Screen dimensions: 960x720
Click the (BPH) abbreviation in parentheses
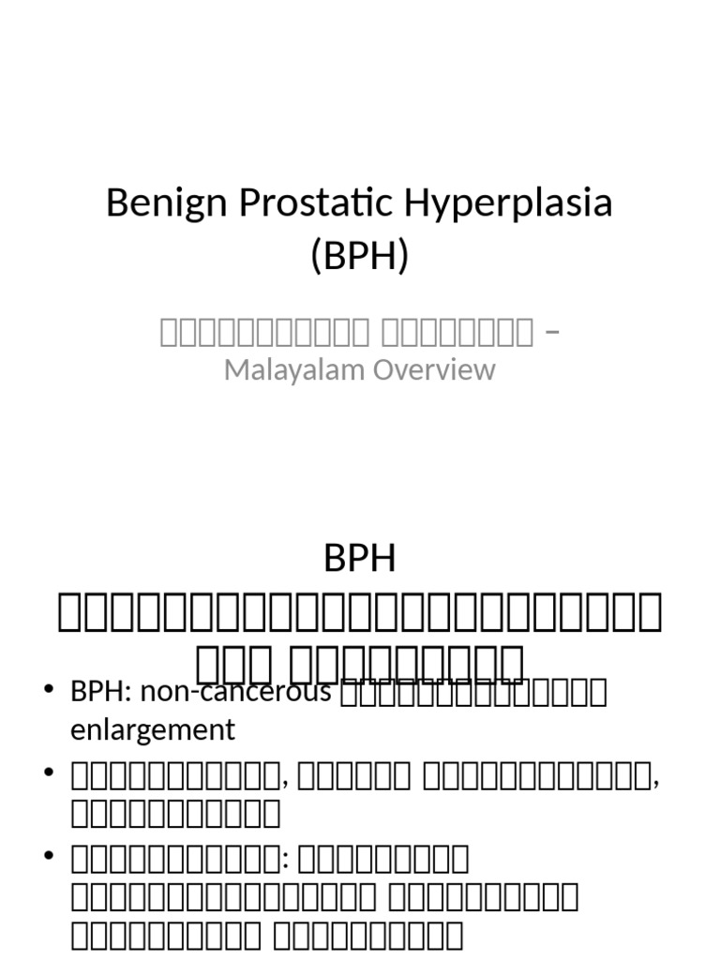tap(360, 254)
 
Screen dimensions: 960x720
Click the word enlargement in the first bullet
tap(152, 729)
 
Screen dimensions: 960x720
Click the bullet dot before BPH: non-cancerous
tap(50, 692)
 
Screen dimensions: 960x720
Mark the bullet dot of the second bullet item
tap(50, 774)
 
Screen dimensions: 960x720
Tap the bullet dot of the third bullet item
tap(50, 857)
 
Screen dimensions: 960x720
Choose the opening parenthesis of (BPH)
tap(317, 254)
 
